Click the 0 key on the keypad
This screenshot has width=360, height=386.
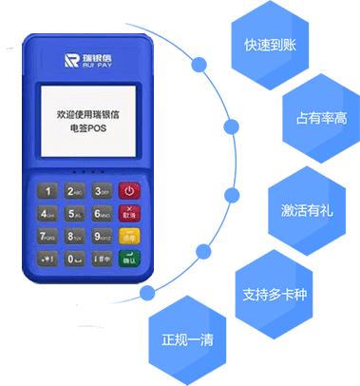coord(75,258)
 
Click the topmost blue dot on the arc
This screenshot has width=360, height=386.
coord(200,66)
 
